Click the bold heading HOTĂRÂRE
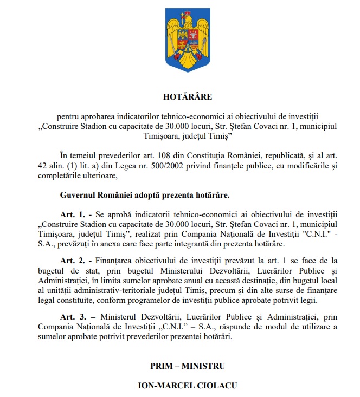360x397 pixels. click(x=188, y=97)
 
